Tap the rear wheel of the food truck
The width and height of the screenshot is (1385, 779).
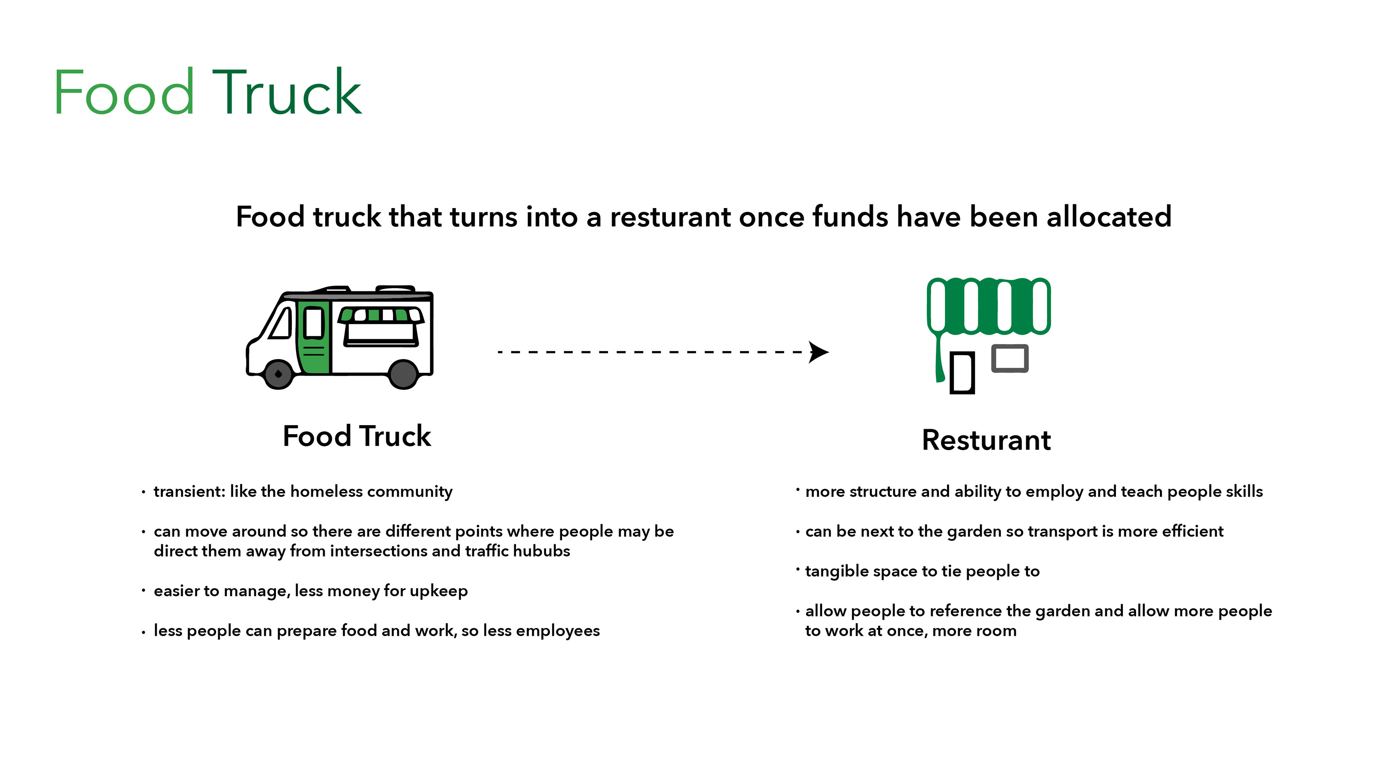coord(403,374)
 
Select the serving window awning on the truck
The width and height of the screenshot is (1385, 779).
coord(381,315)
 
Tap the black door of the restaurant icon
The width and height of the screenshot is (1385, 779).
coord(962,373)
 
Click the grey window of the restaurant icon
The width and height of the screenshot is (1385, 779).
coord(1010,358)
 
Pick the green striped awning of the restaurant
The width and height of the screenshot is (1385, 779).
coord(988,305)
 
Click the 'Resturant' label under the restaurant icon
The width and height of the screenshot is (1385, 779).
coord(986,440)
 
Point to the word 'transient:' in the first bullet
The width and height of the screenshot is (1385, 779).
coord(189,491)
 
